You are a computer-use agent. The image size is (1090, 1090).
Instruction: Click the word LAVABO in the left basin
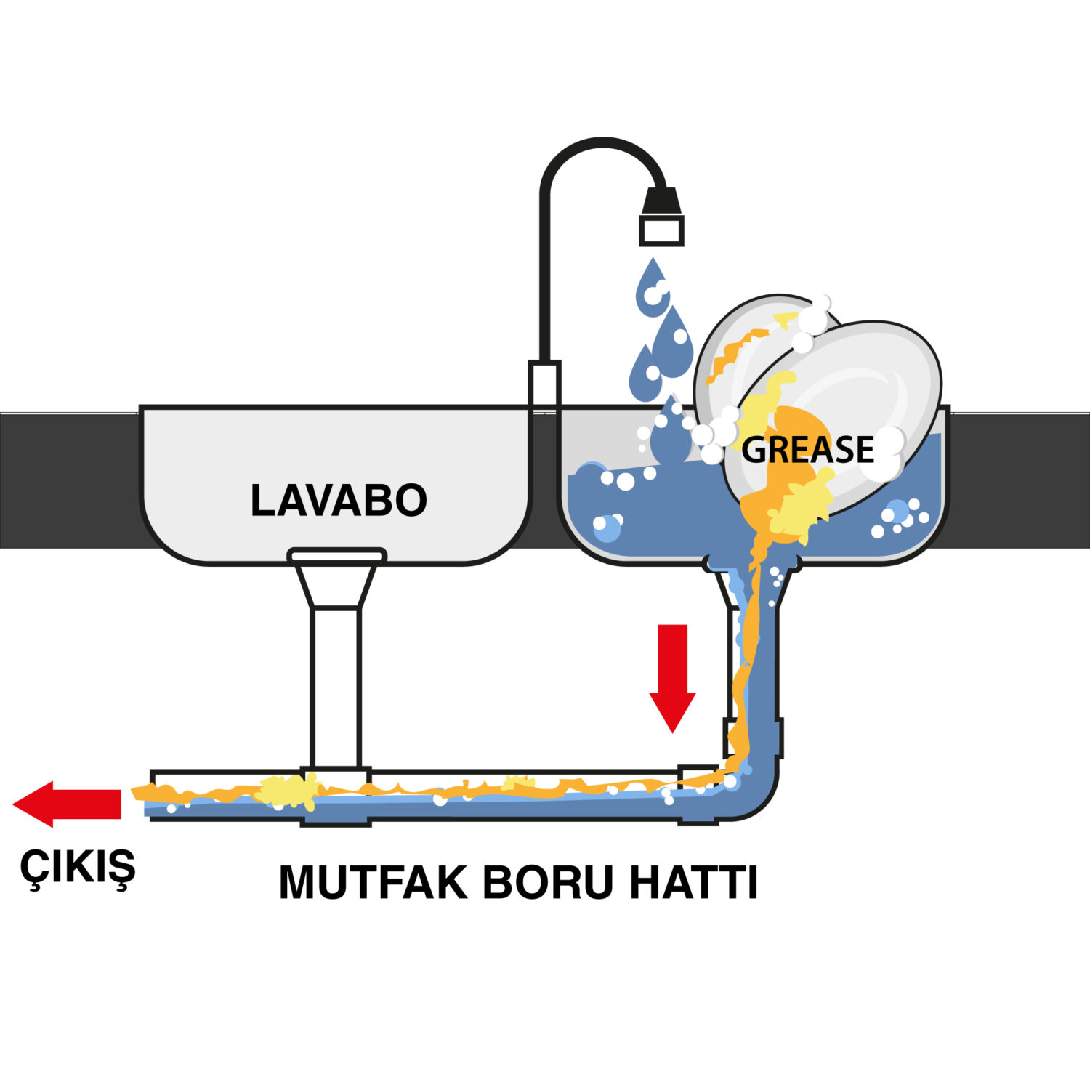pos(339,500)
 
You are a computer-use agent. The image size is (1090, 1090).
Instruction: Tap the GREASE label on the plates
pos(807,450)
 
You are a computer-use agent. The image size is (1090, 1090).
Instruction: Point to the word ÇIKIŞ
pos(78,866)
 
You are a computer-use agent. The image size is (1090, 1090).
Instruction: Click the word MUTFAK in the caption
pos(373,882)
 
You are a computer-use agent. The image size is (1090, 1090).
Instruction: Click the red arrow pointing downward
pos(672,677)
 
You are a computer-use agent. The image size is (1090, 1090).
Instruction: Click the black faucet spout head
pos(661,201)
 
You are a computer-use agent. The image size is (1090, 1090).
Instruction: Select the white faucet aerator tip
pos(661,231)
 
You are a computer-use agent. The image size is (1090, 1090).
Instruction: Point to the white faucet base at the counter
pos(544,385)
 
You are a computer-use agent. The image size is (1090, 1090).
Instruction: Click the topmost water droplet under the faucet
pos(653,287)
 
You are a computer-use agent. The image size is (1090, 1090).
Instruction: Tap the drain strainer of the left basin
pos(337,556)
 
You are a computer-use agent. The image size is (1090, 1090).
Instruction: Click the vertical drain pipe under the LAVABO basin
pos(336,687)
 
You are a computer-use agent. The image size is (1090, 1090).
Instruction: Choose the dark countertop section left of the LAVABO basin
pos(69,480)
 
